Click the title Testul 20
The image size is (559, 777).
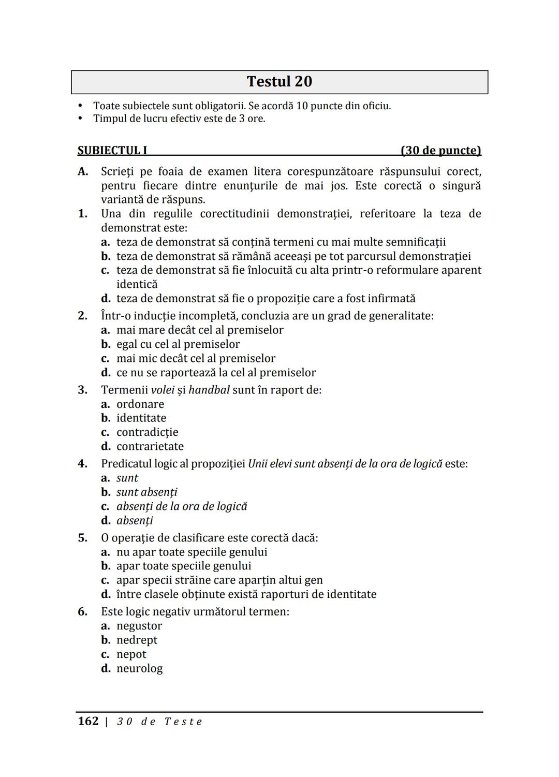[x=279, y=82]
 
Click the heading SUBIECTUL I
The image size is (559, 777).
[x=112, y=151]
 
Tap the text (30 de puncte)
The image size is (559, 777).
[x=440, y=151]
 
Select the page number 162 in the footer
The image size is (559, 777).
[x=88, y=721]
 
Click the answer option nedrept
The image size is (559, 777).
[x=137, y=640]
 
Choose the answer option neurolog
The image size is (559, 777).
[x=139, y=668]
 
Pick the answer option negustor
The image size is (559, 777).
[x=139, y=626]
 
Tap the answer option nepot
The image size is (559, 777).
[x=131, y=654]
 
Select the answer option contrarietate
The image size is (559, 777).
[x=150, y=446]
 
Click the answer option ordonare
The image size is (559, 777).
[x=140, y=404]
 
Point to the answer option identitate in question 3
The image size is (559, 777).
[x=141, y=418]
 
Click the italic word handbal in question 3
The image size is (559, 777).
[x=209, y=390]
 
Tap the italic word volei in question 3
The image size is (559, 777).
[x=163, y=390]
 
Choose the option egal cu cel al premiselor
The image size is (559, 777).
[x=178, y=344]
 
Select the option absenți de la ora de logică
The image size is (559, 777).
[x=182, y=506]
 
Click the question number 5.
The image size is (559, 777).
[x=83, y=538]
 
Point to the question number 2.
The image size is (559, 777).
[x=83, y=316]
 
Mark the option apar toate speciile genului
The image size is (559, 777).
[x=184, y=566]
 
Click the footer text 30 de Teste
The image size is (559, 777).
[x=159, y=722]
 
